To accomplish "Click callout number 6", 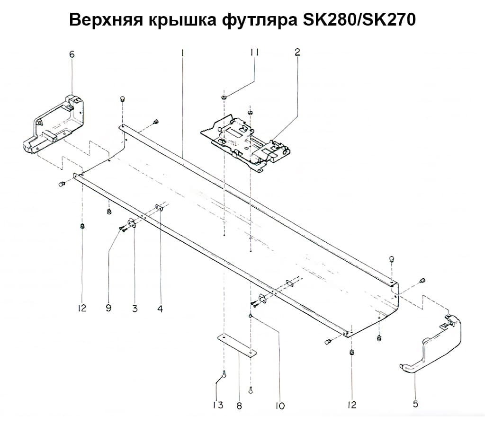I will (x=72, y=54).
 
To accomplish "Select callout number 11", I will (x=254, y=53).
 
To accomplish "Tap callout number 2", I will (x=297, y=53).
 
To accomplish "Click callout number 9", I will (x=108, y=309).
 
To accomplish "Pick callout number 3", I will (x=135, y=309).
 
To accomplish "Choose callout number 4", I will (x=160, y=309).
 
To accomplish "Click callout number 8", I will (x=239, y=406).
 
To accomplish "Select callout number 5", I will (x=415, y=404).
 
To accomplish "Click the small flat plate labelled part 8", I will (x=237, y=345).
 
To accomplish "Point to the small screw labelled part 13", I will (x=224, y=375).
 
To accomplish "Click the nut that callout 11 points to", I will (x=223, y=97).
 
